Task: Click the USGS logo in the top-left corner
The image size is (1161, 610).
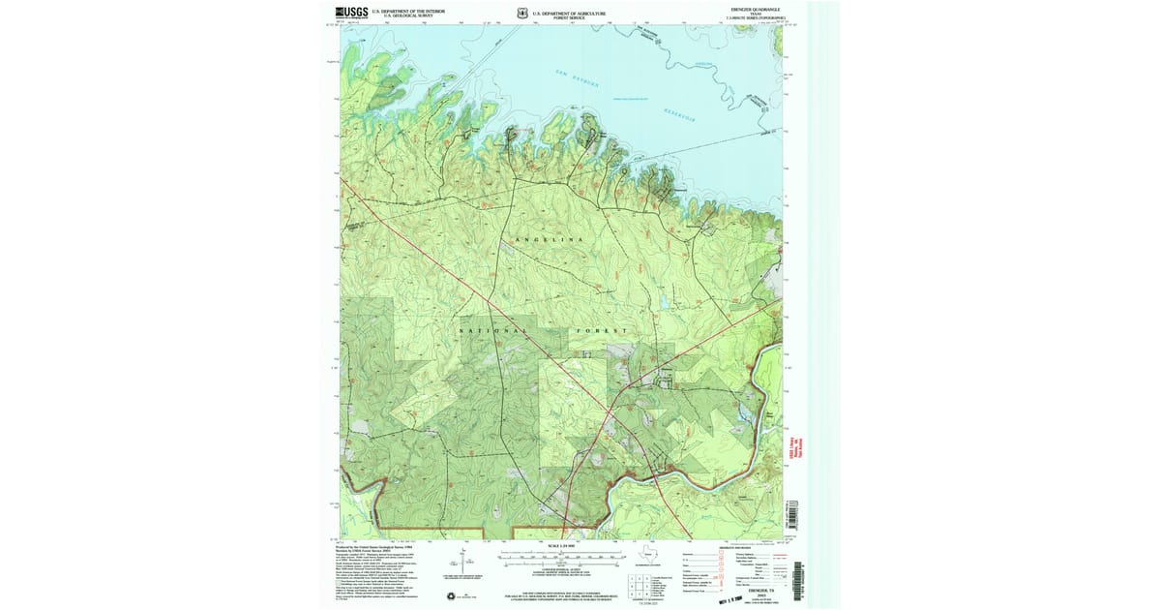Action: pos(345,13)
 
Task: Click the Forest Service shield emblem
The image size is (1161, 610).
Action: pos(522,14)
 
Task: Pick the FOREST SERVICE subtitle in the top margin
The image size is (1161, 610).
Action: pos(570,17)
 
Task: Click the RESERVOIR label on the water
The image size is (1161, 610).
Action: pos(684,113)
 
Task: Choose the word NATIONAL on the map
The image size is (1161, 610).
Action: pos(493,331)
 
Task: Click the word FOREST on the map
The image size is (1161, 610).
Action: pos(604,331)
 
